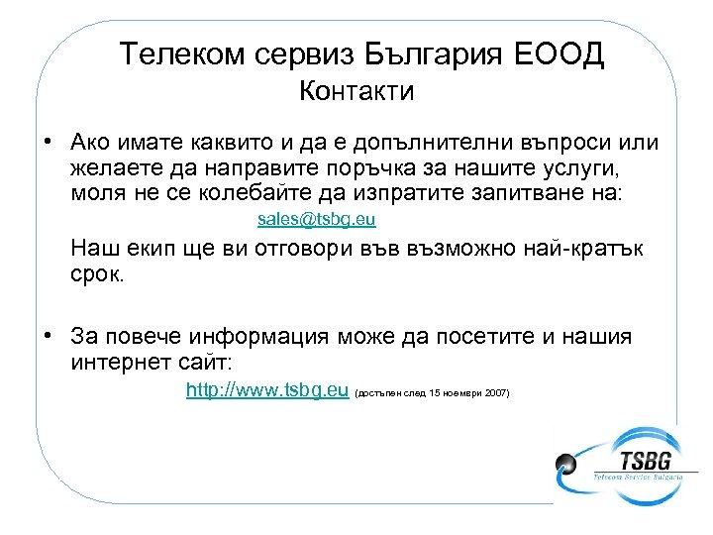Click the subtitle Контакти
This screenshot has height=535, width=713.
coord(356,92)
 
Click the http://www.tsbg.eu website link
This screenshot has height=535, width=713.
coord(267,391)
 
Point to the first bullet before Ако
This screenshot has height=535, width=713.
coord(48,140)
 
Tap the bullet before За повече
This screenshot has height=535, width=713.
coord(48,335)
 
